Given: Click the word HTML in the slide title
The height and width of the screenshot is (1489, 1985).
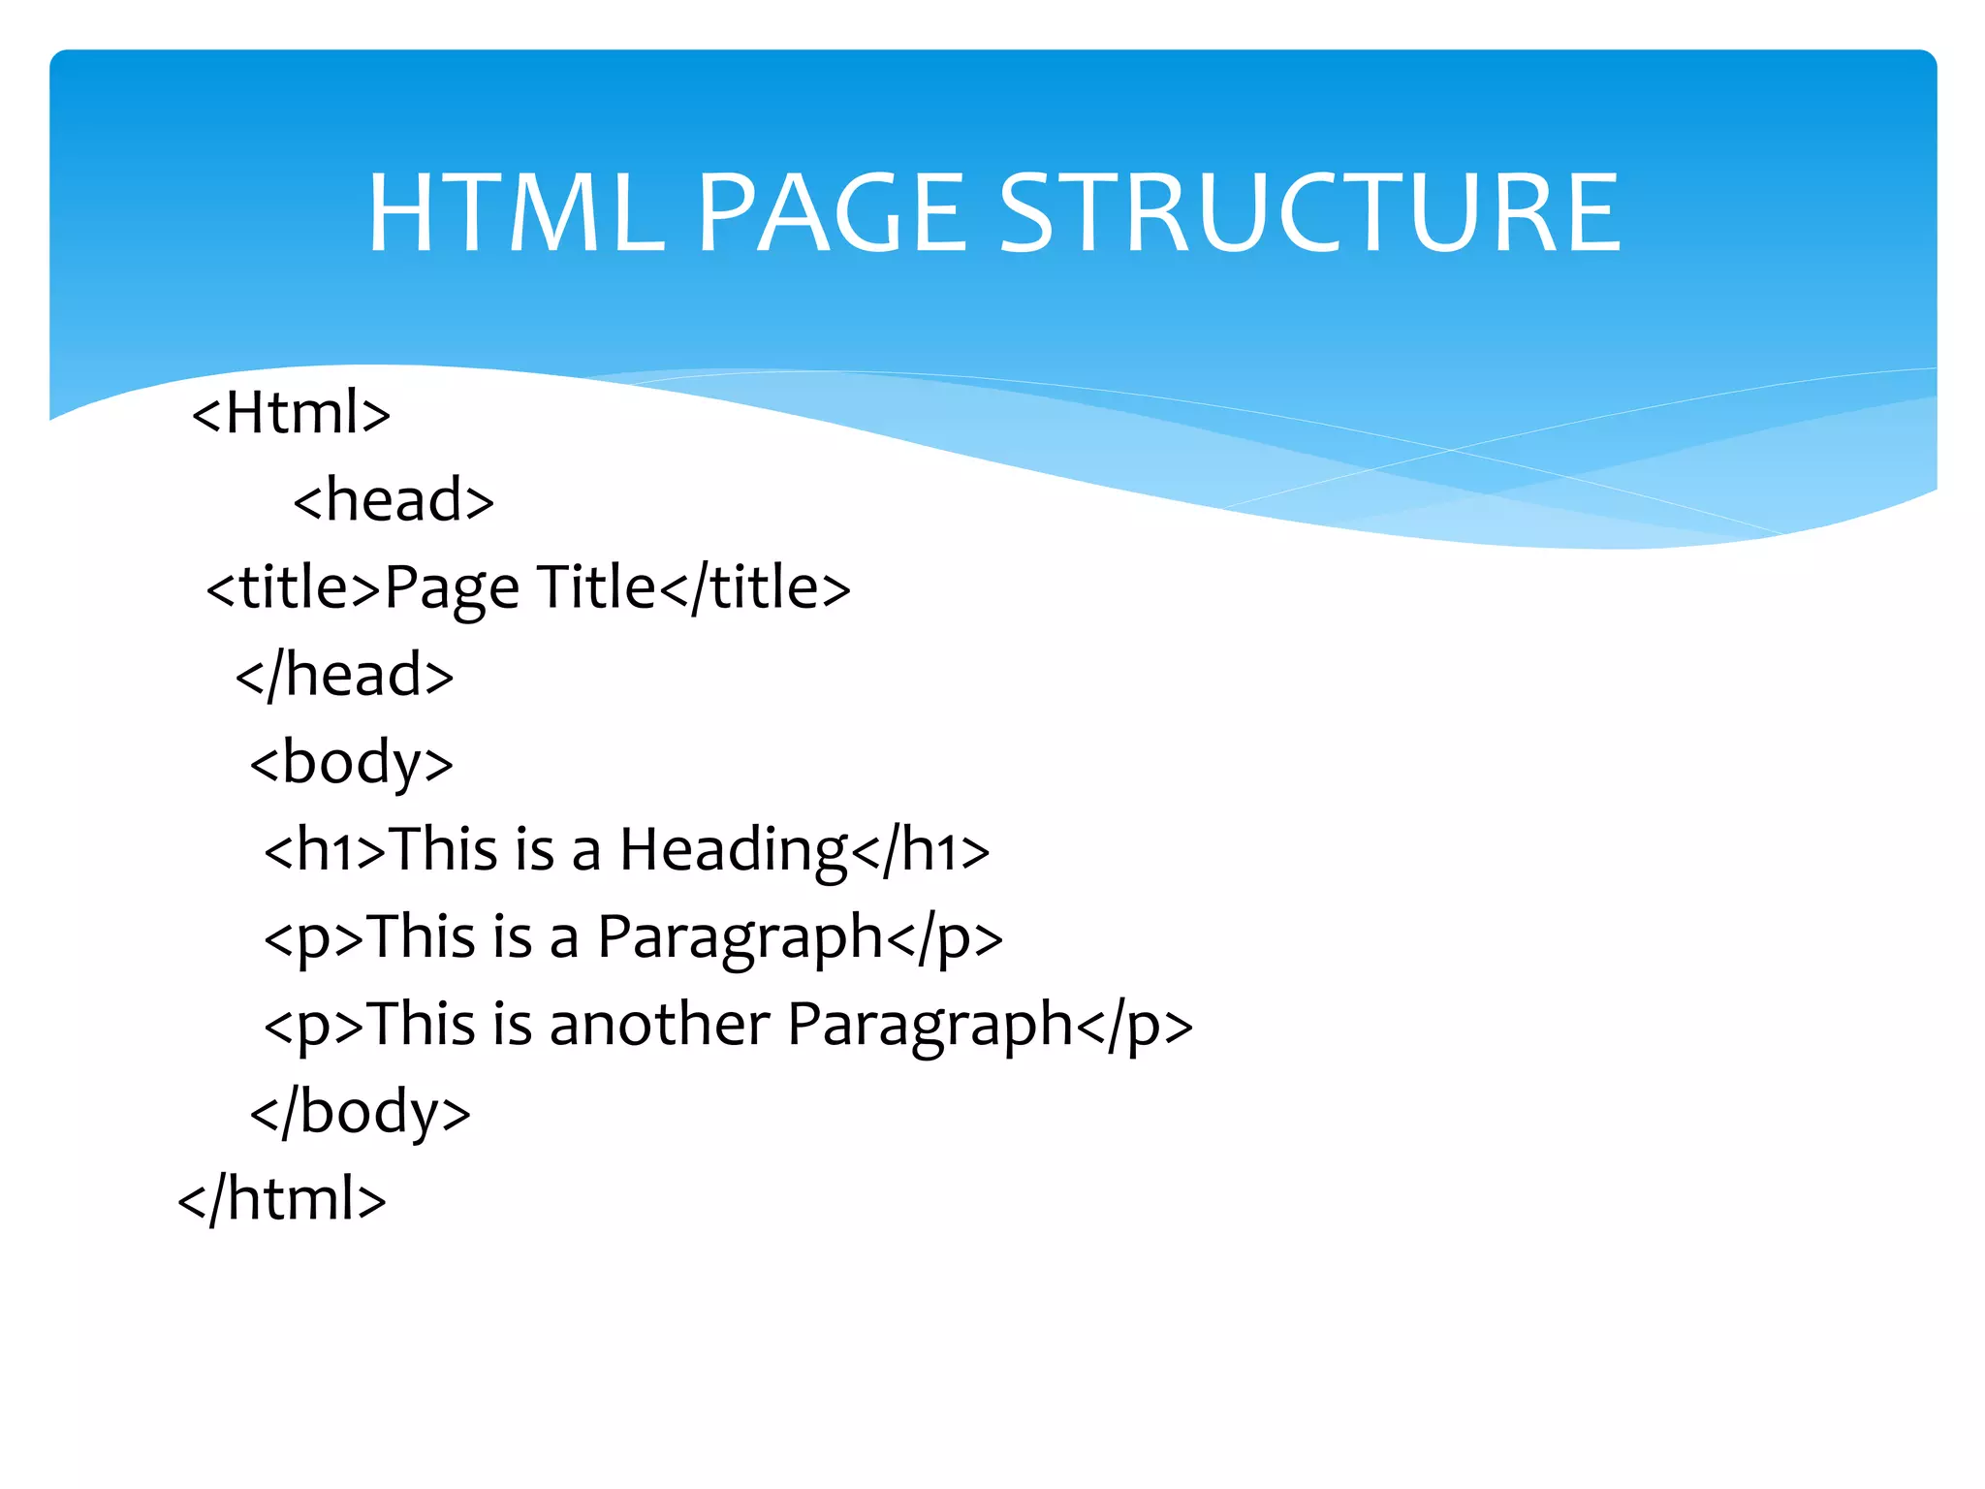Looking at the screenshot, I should coord(515,213).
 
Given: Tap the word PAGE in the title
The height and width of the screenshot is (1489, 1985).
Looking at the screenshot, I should coord(832,213).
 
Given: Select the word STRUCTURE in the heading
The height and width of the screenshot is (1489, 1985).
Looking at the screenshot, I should coord(1308,213).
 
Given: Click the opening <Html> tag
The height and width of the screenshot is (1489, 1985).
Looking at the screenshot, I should coord(291,413).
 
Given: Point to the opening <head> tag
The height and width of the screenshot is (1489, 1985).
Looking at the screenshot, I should coord(394,500).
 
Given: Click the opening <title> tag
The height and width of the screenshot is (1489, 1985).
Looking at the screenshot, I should coord(294,587).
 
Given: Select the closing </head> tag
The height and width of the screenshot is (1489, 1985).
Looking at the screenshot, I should coord(344,675).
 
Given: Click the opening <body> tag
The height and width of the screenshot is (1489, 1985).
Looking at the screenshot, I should coord(351,763).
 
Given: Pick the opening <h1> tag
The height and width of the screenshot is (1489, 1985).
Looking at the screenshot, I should coord(325,850).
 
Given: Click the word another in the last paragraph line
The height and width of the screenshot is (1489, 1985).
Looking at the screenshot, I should coord(659,1025).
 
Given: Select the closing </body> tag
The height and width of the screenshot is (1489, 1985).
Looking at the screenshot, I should coord(360,1112).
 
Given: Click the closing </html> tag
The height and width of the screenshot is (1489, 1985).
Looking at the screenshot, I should coord(282,1199).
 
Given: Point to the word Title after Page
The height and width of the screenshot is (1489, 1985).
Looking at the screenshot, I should coord(596,587).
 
